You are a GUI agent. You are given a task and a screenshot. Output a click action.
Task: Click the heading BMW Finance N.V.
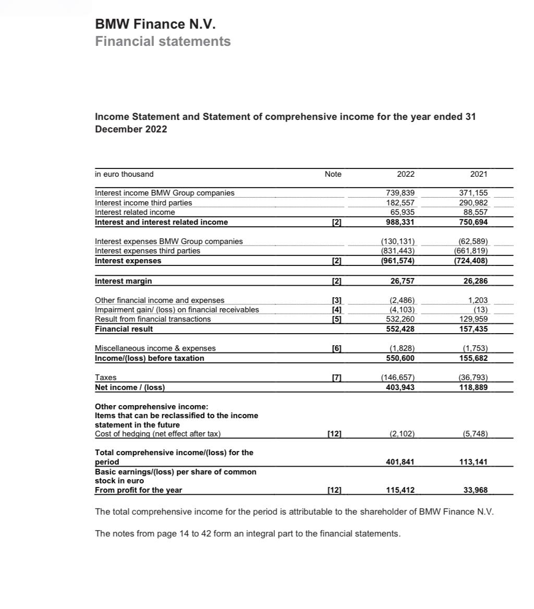(155, 24)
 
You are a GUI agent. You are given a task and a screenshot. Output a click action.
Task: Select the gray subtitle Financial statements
(163, 41)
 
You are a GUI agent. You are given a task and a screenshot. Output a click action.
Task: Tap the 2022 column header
(405, 174)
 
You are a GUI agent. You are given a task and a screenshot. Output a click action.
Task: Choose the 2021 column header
(478, 174)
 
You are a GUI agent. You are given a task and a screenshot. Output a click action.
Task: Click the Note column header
(333, 174)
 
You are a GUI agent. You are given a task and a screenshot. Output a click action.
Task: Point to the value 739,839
(400, 193)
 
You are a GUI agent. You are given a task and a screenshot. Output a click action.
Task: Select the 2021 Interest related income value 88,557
(475, 212)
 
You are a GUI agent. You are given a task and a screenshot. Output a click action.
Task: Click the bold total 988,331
(400, 222)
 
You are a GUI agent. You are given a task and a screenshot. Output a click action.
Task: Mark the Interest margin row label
(124, 281)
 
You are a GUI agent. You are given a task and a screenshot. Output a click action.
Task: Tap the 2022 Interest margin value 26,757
(403, 281)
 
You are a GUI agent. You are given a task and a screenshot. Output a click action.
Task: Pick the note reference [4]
(336, 310)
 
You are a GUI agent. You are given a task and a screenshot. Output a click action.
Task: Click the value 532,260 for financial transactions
(400, 319)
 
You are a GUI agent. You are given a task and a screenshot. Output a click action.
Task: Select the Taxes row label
(106, 377)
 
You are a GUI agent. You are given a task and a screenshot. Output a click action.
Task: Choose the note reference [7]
(336, 377)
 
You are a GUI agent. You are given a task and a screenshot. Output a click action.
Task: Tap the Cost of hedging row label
(157, 434)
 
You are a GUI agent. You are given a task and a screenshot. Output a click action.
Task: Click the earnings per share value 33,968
(475, 490)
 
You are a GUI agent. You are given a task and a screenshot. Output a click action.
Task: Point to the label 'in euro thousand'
(124, 174)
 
